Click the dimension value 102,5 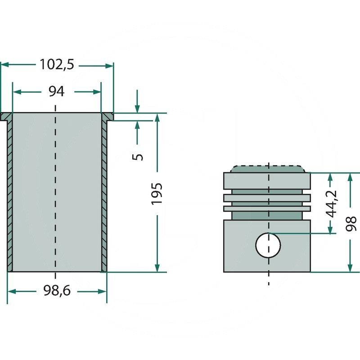(56, 65)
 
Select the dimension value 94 (56, 91)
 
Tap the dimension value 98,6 (56, 292)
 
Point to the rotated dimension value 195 (157, 194)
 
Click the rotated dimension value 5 (139, 156)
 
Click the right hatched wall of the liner (104, 193)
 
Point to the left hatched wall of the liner (9, 193)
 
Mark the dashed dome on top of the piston (268, 169)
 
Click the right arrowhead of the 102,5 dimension (109, 66)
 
